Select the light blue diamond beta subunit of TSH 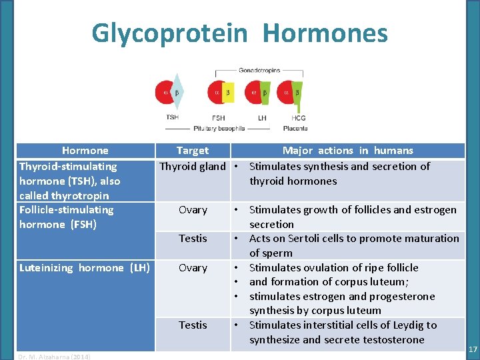177,93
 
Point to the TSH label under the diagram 173,117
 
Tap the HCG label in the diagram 299,118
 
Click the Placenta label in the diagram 295,128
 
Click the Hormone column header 85,151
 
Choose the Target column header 192,151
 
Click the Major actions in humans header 347,151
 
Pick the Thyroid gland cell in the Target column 192,167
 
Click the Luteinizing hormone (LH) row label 84,268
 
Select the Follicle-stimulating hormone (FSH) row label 67,217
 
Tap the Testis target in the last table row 193,325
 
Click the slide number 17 472,349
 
